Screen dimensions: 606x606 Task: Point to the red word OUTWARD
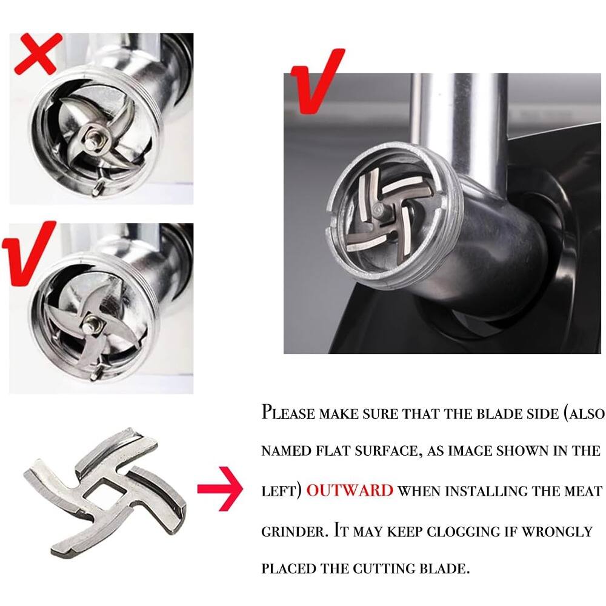[x=350, y=490]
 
